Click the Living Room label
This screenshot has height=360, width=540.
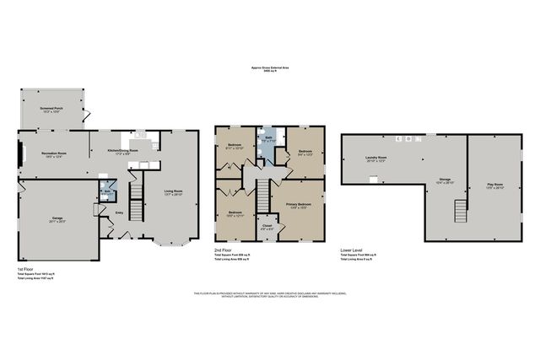[x=173, y=192]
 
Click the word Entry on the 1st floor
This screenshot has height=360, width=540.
[x=119, y=212]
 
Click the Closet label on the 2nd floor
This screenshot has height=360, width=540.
[x=267, y=225]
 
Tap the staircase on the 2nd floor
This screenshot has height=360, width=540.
[x=262, y=196]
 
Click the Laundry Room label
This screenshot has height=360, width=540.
[x=376, y=158]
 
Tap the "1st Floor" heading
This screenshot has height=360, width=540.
[x=26, y=270]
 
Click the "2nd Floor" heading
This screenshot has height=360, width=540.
[x=224, y=250]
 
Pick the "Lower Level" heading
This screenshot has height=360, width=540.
[x=351, y=250]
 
